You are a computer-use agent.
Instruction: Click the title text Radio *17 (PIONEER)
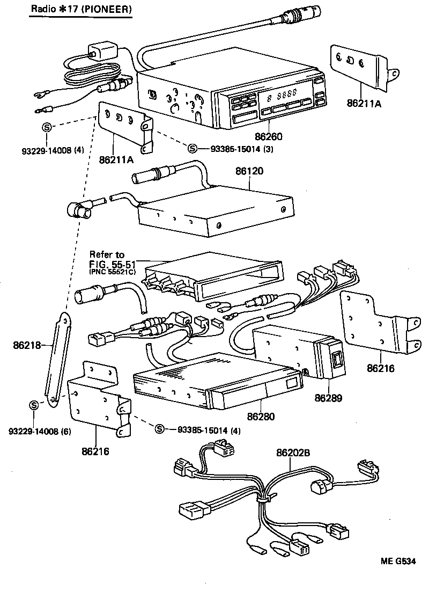coord(80,9)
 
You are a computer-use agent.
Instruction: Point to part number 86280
coord(261,417)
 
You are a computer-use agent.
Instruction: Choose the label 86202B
coord(293,454)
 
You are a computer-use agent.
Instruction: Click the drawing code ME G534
coord(398,562)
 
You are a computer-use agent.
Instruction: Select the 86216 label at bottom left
coord(95,451)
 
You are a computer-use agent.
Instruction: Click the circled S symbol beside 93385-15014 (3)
coord(193,149)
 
